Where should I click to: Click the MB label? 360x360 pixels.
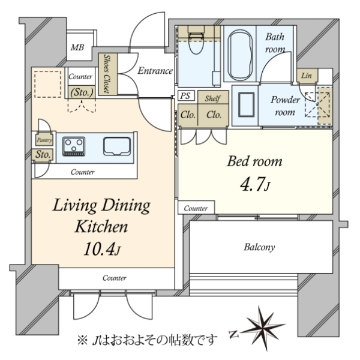77,47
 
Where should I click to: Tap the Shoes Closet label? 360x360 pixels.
107,74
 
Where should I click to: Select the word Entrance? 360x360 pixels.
155,71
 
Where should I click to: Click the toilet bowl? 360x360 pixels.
196,44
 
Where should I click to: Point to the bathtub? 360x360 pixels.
240,55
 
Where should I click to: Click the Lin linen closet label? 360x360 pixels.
307,76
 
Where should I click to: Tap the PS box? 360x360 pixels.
186,95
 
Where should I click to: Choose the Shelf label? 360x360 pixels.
212,99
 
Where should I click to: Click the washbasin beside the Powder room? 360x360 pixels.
247,104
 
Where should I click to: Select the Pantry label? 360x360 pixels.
44,140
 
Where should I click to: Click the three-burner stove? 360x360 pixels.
74,146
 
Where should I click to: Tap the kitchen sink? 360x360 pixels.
117,146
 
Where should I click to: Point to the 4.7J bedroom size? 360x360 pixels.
255,184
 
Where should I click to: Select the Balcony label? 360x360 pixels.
259,247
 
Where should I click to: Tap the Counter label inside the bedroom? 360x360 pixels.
196,208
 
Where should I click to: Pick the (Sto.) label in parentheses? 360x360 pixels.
82,92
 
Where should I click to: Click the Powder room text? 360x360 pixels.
285,106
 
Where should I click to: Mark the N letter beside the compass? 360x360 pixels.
234,334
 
